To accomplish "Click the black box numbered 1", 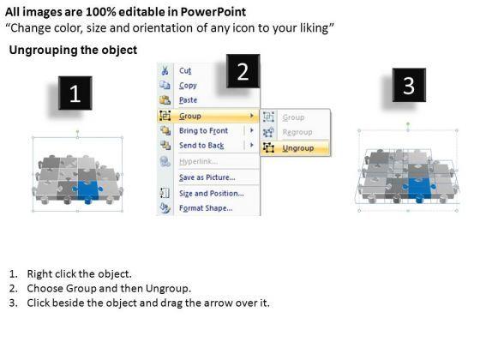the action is point(75,93).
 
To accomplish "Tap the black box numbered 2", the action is point(243,71).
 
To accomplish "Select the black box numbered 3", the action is point(409,85).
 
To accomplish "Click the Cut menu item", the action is point(185,70).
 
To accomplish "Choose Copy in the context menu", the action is point(188,86).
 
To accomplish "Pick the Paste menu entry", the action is point(188,100).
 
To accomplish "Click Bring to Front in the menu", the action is point(203,130).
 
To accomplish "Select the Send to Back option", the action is point(201,146).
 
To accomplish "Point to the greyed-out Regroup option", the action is point(297,132).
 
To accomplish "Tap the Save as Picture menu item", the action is point(207,177).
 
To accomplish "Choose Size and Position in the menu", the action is point(211,194).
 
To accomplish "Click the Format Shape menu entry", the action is point(206,208).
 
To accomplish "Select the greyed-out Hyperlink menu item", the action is point(198,162).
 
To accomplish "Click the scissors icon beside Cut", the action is point(165,70).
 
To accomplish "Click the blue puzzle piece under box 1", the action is point(87,191).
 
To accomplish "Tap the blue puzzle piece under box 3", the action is point(419,189).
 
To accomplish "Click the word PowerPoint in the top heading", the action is point(213,12).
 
